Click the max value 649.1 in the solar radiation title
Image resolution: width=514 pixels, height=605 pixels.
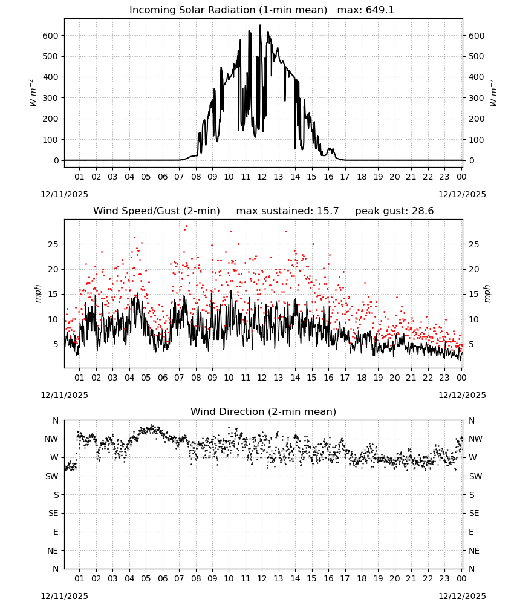pos(380,10)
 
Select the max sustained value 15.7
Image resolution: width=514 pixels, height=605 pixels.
pos(328,211)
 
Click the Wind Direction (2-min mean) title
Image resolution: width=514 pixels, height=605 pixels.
pos(264,411)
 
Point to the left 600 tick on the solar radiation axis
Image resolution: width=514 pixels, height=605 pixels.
pos(51,36)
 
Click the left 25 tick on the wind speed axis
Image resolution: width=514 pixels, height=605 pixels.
pos(53,244)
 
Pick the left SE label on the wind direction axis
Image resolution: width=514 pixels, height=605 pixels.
pos(53,513)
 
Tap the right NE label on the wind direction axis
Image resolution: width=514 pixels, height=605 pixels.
pos(474,551)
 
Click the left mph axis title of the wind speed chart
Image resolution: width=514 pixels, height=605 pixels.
pos(37,293)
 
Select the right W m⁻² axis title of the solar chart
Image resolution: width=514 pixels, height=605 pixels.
pos(493,93)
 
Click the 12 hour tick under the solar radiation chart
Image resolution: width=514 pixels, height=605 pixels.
pos(262,177)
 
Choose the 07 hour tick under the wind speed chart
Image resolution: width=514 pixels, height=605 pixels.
pos(179,378)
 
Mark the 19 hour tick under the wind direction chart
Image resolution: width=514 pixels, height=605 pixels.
pos(379,578)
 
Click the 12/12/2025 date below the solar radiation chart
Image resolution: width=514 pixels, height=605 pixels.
pos(462,194)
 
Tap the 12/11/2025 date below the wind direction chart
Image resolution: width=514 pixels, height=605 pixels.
pos(64,596)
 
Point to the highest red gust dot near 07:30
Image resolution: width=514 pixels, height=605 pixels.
pos(187,226)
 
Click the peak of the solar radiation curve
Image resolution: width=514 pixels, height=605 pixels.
pos(260,25)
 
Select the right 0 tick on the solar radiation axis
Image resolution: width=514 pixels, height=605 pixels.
pos(471,160)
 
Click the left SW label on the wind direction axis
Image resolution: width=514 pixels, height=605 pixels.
pos(52,476)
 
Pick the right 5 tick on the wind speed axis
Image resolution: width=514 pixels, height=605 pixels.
pos(471,344)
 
